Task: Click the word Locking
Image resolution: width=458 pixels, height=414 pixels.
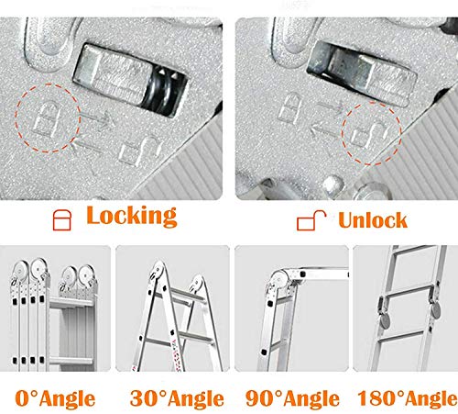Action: [130, 216]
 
